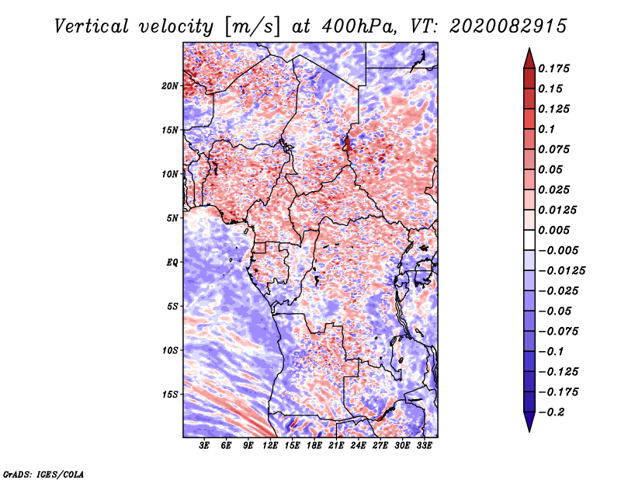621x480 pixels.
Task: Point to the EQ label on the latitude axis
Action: click(x=173, y=262)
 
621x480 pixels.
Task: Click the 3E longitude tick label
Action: click(x=205, y=446)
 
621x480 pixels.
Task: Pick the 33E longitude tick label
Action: click(x=424, y=446)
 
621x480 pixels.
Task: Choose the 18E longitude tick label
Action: click(x=314, y=446)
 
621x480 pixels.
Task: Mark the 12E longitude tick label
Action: click(x=271, y=446)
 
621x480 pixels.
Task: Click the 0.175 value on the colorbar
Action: click(x=556, y=68)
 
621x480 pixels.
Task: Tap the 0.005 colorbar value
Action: click(x=556, y=230)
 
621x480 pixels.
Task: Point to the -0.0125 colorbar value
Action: click(x=563, y=270)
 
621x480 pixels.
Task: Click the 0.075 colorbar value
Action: click(x=556, y=149)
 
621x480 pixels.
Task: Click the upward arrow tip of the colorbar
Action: click(x=529, y=50)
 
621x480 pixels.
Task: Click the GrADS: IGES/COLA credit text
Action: click(x=43, y=473)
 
